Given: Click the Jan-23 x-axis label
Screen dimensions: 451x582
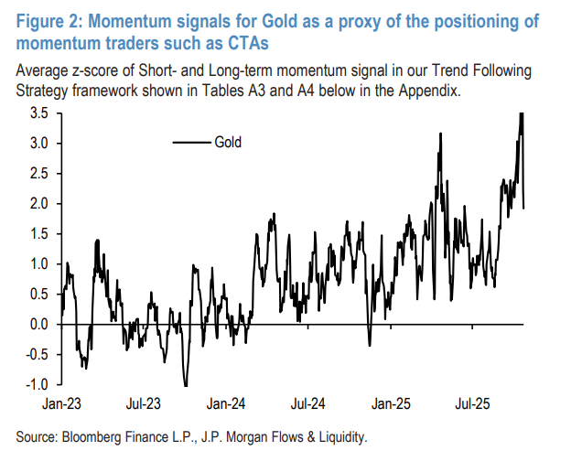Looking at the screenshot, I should (x=62, y=402).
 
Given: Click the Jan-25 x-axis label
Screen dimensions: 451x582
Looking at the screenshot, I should (x=392, y=402).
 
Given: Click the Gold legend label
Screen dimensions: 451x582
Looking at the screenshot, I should (x=228, y=142).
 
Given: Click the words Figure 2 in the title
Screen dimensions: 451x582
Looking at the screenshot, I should (x=45, y=20).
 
